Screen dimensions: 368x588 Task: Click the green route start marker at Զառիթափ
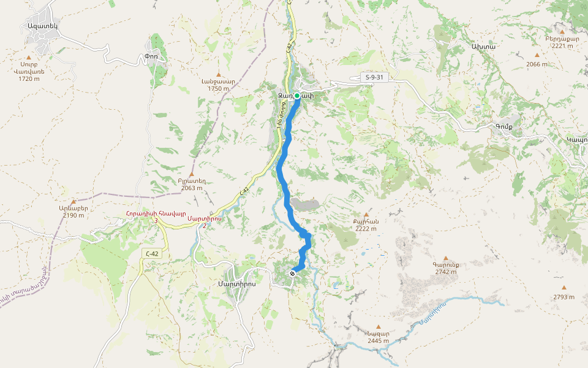pos(297,96)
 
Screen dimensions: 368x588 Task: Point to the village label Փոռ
pos(151,56)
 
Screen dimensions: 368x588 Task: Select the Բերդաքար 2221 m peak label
pos(562,39)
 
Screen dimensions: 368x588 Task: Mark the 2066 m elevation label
pos(537,64)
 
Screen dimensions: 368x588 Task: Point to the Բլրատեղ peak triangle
pos(192,174)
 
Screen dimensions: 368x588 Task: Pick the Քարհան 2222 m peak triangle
pos(366,214)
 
